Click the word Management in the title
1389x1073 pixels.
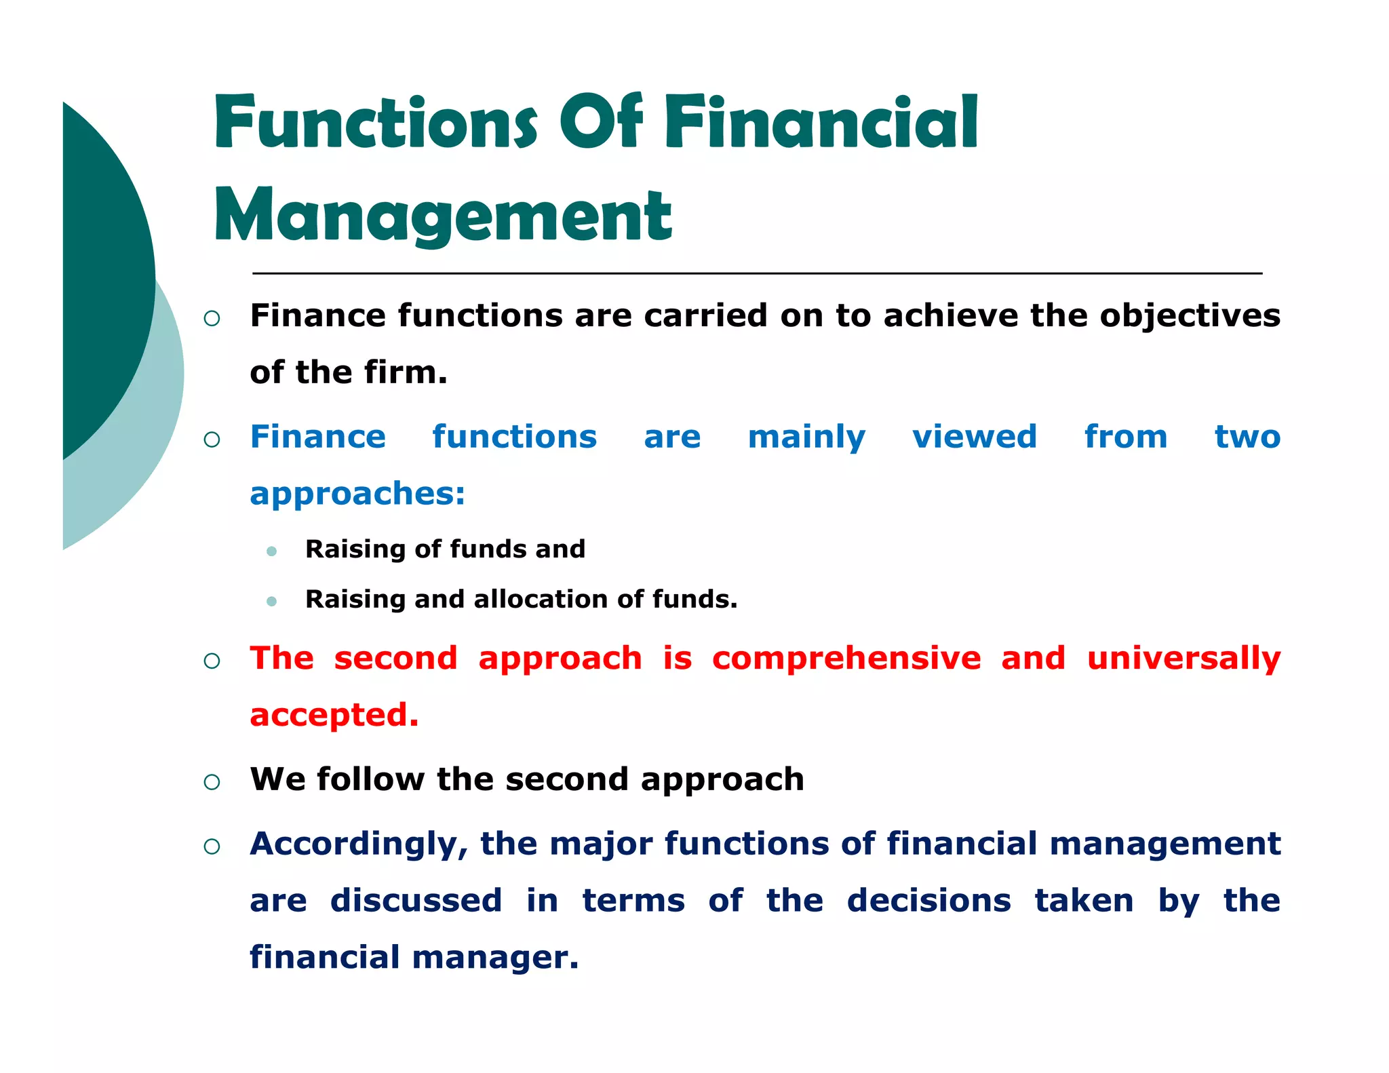443,216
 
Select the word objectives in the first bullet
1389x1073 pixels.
1190,316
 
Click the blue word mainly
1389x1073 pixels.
806,437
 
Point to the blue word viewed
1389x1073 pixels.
974,436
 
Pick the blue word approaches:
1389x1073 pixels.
357,494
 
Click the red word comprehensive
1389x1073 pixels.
846,659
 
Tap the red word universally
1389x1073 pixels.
1183,659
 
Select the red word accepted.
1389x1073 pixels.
334,716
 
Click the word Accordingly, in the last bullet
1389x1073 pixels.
359,845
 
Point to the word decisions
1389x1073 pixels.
928,901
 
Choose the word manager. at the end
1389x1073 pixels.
495,958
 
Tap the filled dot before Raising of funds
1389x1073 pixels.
272,551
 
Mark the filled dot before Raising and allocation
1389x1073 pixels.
272,601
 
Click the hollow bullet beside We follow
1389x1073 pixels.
212,782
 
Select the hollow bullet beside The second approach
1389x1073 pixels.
212,661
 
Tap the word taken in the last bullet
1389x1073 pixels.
1083,901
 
